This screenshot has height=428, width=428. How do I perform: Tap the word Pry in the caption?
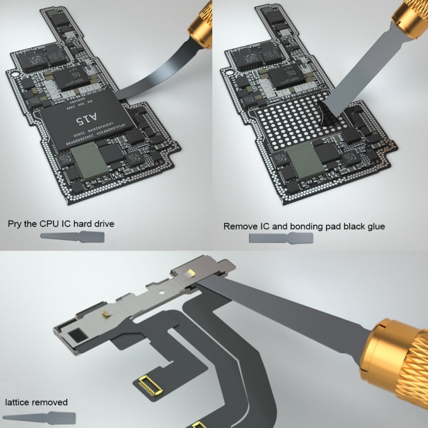(x=16, y=224)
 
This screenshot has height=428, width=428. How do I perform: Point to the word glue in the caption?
(x=374, y=227)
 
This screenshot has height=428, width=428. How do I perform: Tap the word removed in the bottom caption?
(x=51, y=402)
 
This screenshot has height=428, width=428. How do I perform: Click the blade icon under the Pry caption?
(x=65, y=237)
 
